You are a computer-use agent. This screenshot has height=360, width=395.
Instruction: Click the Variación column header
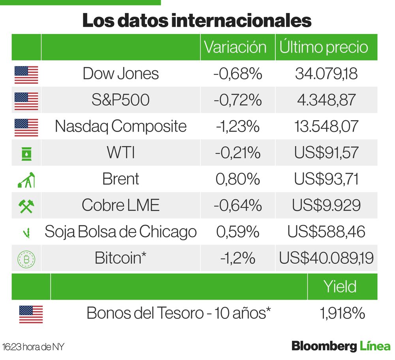click(235, 47)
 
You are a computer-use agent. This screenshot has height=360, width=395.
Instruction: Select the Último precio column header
click(324, 47)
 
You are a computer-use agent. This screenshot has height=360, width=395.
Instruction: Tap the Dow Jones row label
click(120, 74)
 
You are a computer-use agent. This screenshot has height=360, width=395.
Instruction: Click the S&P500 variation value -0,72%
click(237, 100)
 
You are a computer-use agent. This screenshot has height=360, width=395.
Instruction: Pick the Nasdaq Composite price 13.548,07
click(326, 126)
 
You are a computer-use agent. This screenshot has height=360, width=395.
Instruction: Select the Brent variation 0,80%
click(237, 179)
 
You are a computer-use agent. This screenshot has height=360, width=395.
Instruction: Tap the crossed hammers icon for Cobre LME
click(26, 205)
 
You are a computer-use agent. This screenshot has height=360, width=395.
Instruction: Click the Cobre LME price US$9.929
click(326, 205)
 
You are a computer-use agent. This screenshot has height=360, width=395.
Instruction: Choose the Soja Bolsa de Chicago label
click(120, 232)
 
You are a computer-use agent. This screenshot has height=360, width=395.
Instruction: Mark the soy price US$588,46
click(326, 232)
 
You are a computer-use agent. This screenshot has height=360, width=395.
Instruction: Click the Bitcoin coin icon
click(26, 258)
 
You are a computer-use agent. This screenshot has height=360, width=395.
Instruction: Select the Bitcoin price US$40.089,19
click(326, 258)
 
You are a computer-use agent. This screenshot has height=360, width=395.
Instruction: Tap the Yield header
click(340, 286)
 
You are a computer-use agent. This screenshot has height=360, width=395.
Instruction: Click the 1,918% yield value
click(342, 313)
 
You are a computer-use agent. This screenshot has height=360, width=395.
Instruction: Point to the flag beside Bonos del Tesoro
click(31, 314)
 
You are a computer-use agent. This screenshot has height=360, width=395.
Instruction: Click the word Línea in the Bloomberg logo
click(375, 346)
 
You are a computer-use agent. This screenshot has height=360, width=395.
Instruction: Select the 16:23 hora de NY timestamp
click(33, 347)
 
